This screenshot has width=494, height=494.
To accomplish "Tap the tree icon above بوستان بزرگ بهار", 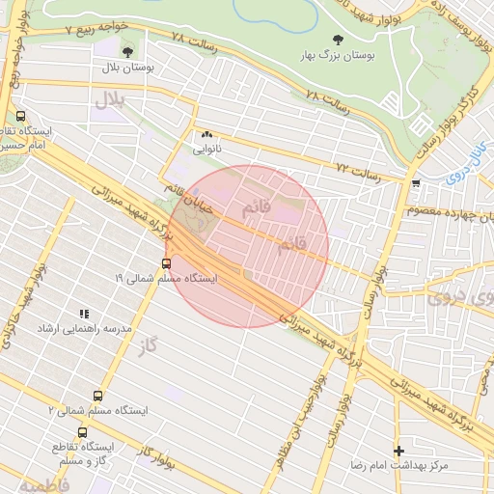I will (336, 41).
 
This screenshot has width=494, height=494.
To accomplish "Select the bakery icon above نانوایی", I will (206, 135).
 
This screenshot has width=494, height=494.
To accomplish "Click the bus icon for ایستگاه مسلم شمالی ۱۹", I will (166, 262).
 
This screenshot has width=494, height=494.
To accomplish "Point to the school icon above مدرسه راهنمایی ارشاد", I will (85, 314).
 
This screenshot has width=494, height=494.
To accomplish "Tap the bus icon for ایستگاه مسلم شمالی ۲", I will (96, 396).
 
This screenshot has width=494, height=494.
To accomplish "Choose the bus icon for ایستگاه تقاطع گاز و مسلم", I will (82, 433).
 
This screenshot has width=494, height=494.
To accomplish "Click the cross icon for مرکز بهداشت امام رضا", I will (398, 451).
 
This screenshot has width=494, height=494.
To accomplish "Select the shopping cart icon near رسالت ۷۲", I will (415, 182).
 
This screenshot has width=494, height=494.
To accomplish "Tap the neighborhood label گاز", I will (147, 343).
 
